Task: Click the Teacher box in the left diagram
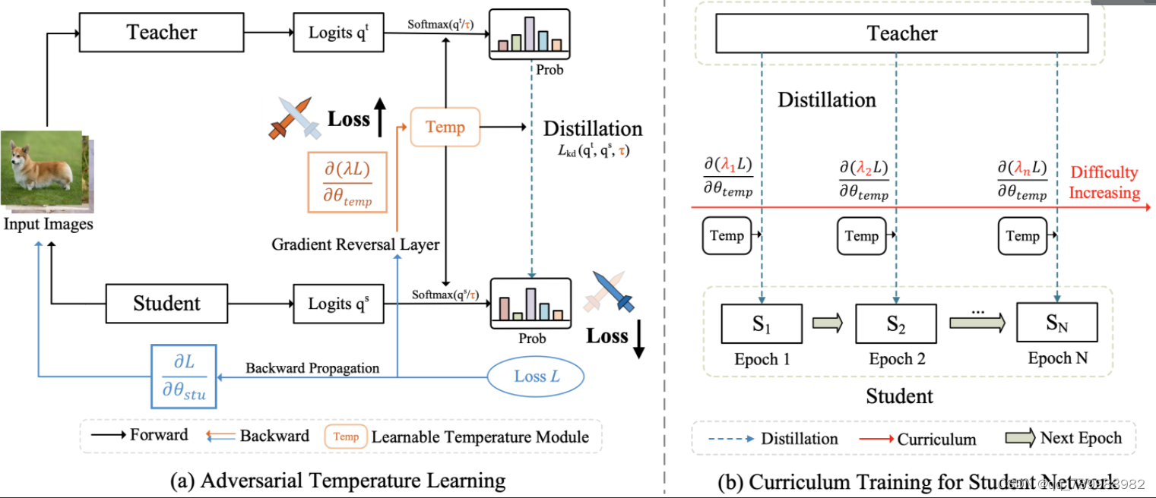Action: click(x=161, y=33)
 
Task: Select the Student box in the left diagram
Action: click(x=166, y=304)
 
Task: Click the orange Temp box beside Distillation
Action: click(x=445, y=127)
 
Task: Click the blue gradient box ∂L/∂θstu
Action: click(x=184, y=375)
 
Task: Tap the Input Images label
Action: click(x=48, y=224)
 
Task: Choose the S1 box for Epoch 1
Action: click(x=762, y=324)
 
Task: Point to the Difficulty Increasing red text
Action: click(x=1104, y=182)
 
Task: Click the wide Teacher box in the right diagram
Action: click(x=902, y=33)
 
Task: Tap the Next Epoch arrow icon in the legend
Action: click(x=1021, y=438)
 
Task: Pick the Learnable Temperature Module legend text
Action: click(x=480, y=437)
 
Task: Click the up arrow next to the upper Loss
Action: click(x=381, y=119)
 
